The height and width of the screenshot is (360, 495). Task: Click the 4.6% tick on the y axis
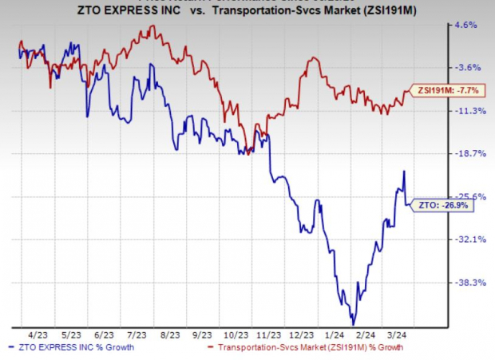[x=466, y=25]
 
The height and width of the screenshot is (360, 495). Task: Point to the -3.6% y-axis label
[x=465, y=67]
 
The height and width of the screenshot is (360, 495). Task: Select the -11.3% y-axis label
[x=466, y=111]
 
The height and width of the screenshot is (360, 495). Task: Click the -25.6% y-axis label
[x=466, y=196]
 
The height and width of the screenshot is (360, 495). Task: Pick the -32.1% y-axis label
[x=466, y=239]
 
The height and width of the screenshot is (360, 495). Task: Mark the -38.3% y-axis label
[x=466, y=282]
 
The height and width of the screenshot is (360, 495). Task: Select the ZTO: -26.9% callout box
[x=441, y=205]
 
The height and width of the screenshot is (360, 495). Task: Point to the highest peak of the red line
[x=151, y=27]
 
